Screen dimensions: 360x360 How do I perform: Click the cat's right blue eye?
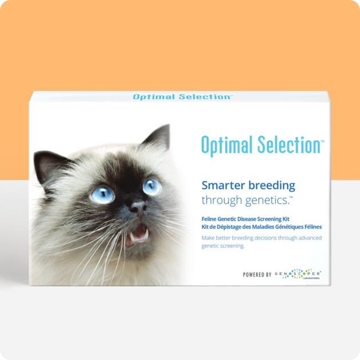[x=152, y=186]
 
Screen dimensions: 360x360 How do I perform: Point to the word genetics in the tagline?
[x=264, y=200]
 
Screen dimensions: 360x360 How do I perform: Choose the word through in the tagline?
[x=220, y=200]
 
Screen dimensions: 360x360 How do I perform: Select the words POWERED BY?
[x=257, y=275]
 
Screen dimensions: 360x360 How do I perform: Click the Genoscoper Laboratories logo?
[x=298, y=275]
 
